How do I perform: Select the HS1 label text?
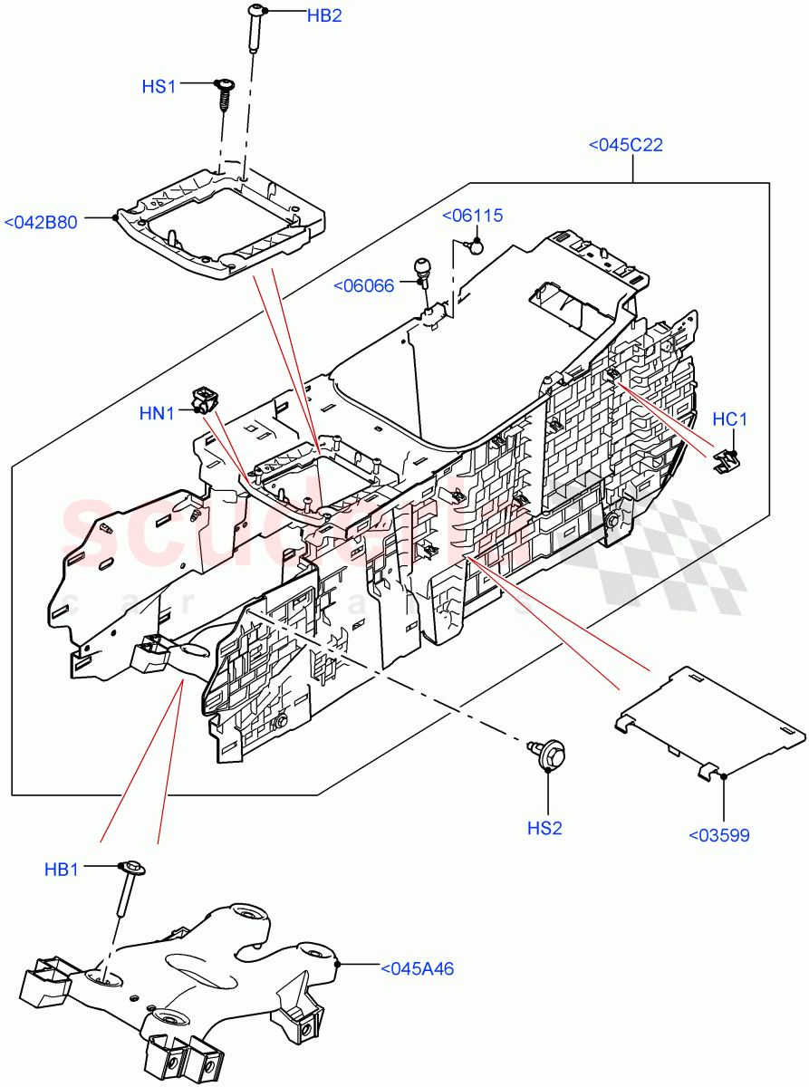click(x=159, y=86)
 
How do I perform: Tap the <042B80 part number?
click(x=53, y=222)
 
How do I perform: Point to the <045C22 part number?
click(x=625, y=145)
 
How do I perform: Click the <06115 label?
click(x=472, y=216)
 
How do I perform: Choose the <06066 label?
click(x=363, y=285)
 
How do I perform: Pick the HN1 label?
click(x=157, y=413)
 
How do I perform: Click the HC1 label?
click(x=729, y=419)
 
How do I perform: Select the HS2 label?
click(x=545, y=827)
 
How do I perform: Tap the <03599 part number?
click(x=719, y=835)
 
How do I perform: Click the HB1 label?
click(x=62, y=869)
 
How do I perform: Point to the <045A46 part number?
click(x=417, y=968)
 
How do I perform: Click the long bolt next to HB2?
click(x=251, y=31)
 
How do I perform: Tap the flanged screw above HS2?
click(x=548, y=751)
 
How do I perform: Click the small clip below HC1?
click(x=725, y=462)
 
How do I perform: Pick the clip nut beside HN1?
click(x=205, y=398)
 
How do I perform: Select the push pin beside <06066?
click(x=422, y=271)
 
